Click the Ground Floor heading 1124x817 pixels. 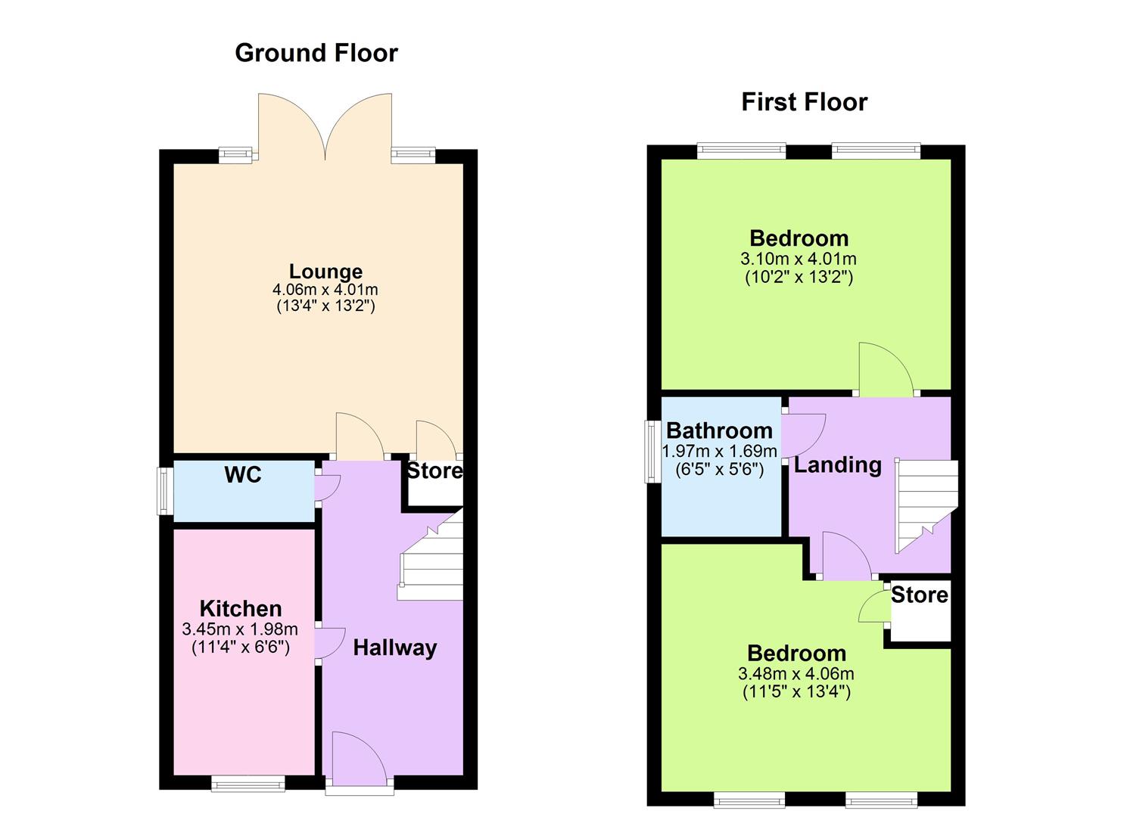pos(316,53)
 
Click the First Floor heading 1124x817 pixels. pos(804,102)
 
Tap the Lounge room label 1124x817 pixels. pos(325,272)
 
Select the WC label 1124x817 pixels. pos(243,475)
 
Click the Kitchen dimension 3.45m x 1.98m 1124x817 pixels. pos(240,629)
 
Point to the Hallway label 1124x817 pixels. pos(394,648)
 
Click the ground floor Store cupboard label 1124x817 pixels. pos(434,471)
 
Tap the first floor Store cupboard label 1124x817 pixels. pos(919,595)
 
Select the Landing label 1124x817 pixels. pos(837,464)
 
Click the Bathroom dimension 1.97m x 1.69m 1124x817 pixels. pos(719,452)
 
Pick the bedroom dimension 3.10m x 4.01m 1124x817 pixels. pos(799,259)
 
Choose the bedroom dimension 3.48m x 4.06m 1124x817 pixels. pos(796,673)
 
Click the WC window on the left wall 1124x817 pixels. pos(163,492)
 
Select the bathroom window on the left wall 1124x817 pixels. pos(650,452)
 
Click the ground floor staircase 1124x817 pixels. pos(431,560)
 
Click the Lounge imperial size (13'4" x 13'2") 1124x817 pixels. pos(325,306)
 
